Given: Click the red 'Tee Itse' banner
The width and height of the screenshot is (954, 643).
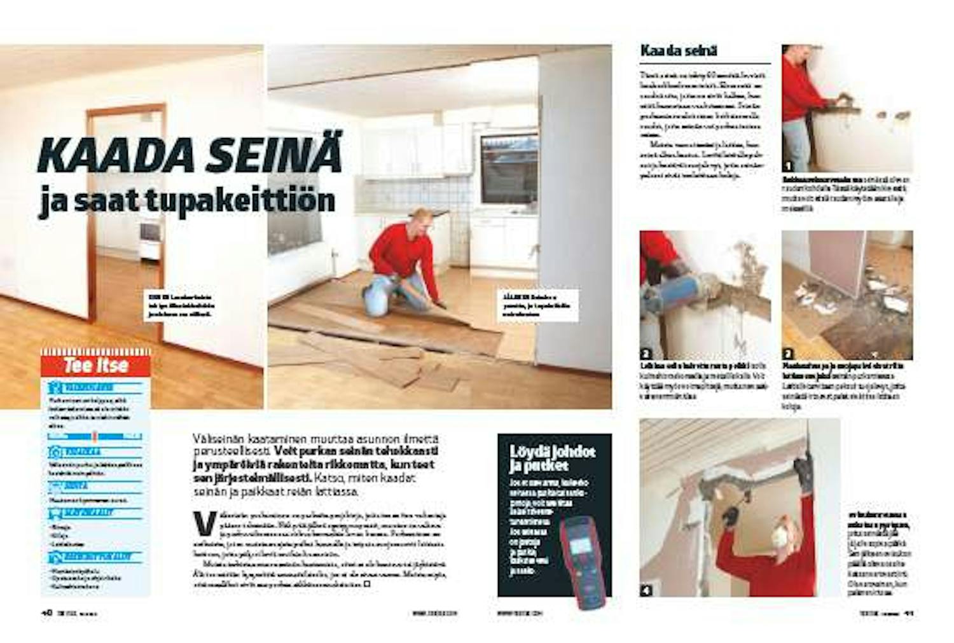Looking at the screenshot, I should pyautogui.click(x=95, y=365).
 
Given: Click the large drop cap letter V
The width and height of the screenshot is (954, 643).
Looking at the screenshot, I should pyautogui.click(x=204, y=523).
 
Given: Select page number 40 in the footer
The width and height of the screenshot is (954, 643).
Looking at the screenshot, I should pyautogui.click(x=46, y=614).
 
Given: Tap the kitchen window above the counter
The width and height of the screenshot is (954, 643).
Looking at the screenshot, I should pyautogui.click(x=508, y=168).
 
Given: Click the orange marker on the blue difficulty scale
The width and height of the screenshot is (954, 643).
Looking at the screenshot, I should pyautogui.click(x=93, y=436).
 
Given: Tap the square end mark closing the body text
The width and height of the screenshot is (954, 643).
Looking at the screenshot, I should pyautogui.click(x=367, y=583).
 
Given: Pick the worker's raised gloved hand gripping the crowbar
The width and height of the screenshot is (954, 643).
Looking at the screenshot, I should pyautogui.click(x=805, y=471).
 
